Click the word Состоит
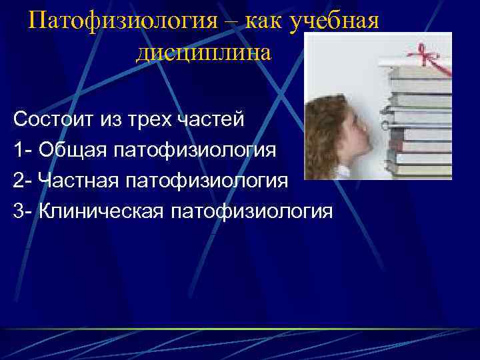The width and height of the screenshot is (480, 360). click(x=55, y=120)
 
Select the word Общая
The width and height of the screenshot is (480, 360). click(x=72, y=150)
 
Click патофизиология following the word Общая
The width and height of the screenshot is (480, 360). click(x=194, y=150)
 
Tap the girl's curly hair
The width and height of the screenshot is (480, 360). click(x=327, y=120)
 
